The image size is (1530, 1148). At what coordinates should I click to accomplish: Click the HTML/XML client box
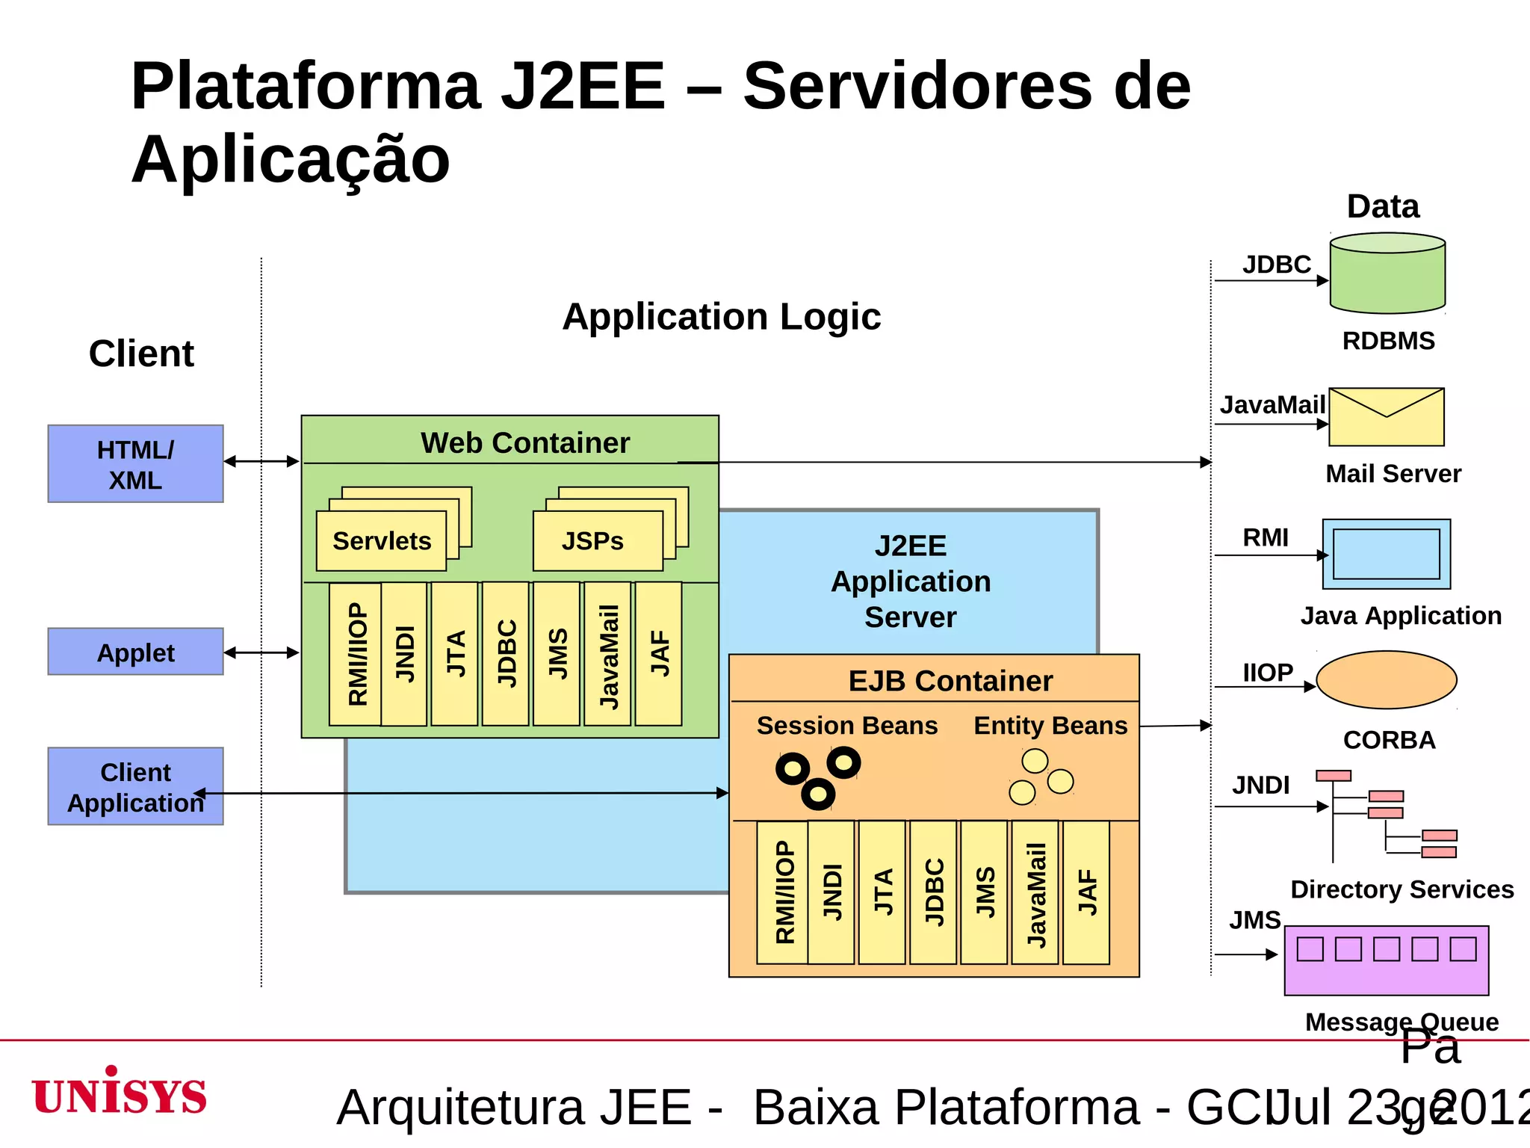(135, 463)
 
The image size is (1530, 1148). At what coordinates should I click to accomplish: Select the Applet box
(135, 652)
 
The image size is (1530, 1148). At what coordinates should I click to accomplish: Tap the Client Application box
(135, 786)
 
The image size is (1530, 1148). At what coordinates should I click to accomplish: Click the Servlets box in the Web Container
(381, 540)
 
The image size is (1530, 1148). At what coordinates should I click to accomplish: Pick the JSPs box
(597, 540)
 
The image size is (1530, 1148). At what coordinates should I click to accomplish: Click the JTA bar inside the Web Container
(454, 653)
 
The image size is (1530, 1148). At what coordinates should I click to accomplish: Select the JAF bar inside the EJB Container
(1085, 892)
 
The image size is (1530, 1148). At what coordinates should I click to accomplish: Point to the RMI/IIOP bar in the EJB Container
(782, 892)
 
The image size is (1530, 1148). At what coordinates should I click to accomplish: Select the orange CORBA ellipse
(1386, 679)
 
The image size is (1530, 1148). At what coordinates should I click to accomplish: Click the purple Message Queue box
(1386, 960)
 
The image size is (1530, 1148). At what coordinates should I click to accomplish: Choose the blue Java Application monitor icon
(1386, 554)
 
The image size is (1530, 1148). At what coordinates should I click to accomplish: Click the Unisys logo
(120, 1093)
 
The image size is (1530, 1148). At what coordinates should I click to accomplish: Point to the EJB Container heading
(950, 680)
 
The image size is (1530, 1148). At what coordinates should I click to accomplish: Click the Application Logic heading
(721, 316)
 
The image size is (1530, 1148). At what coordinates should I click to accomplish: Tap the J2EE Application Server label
(910, 581)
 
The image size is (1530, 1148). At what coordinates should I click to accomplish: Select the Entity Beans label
(1050, 725)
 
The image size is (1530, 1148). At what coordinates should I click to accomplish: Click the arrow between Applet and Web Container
(261, 652)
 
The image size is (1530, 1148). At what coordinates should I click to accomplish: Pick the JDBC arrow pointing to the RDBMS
(1270, 280)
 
